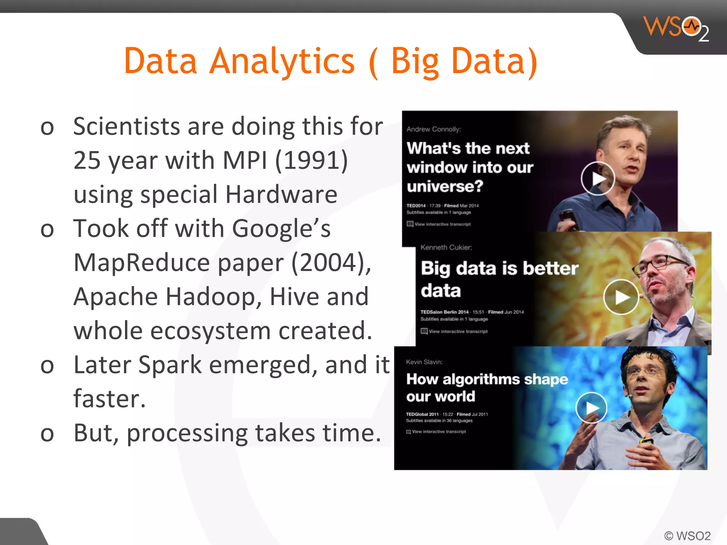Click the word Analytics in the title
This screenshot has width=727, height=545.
pos(282,61)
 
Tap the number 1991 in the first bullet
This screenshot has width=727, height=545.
pos(312,160)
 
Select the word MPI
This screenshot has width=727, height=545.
pos(245,160)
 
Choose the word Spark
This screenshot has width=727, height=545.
pos(170,365)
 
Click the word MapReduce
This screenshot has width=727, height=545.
pos(142,263)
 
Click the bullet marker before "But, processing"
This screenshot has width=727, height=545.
pos(47,434)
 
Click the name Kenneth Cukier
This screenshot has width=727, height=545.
pos(446,247)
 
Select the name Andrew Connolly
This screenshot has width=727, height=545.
pos(433,129)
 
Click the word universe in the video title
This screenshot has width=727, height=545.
pos(445,186)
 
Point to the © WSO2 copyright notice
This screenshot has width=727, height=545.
pos(687,535)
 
